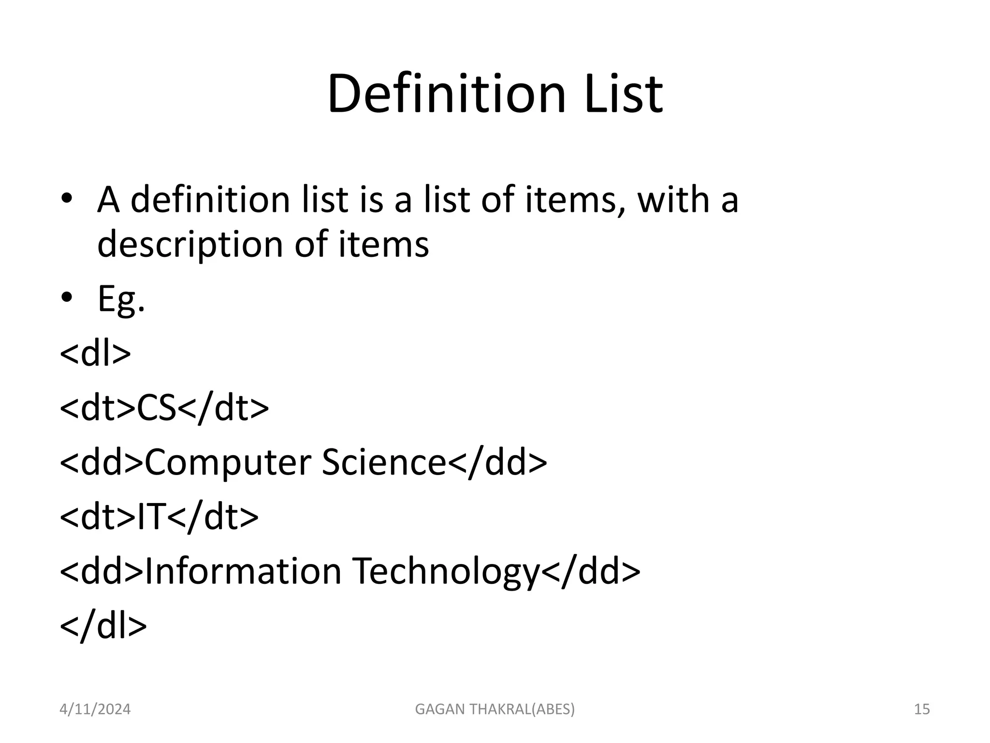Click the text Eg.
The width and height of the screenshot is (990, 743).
point(121,299)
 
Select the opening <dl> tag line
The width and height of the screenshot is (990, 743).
point(95,354)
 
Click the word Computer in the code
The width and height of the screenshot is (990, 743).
point(227,463)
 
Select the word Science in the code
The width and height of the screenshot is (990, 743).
point(383,462)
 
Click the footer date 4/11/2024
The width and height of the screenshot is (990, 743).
point(95,709)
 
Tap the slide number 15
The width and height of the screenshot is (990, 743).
point(922,709)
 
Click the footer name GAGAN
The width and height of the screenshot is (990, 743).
point(437,709)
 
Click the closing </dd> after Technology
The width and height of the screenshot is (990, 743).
point(591,571)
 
